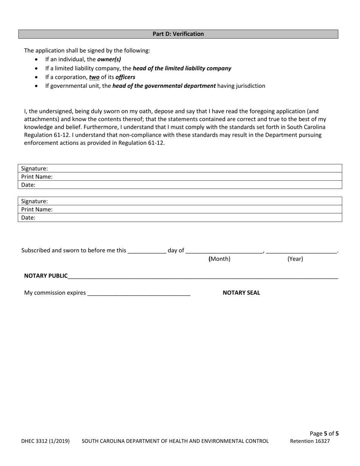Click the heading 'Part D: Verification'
coord(178,34)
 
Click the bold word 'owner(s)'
coord(109,59)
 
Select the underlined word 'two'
coord(94,77)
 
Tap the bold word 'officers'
coord(125,77)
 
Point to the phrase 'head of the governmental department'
coord(164,86)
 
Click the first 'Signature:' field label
coord(34,169)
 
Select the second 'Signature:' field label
coord(34,201)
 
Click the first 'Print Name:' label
coord(37,177)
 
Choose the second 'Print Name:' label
coord(37,210)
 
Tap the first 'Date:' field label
coord(28,185)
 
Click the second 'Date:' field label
coord(28,218)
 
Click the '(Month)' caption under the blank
coord(219,259)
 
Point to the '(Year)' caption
coord(295,259)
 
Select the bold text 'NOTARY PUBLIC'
coord(46,276)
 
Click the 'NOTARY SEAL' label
coord(241,292)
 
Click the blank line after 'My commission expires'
coord(139,293)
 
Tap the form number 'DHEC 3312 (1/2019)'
coord(45,441)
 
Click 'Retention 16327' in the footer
coord(310,441)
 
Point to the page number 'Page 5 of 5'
coord(324,433)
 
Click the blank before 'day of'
coord(147,251)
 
